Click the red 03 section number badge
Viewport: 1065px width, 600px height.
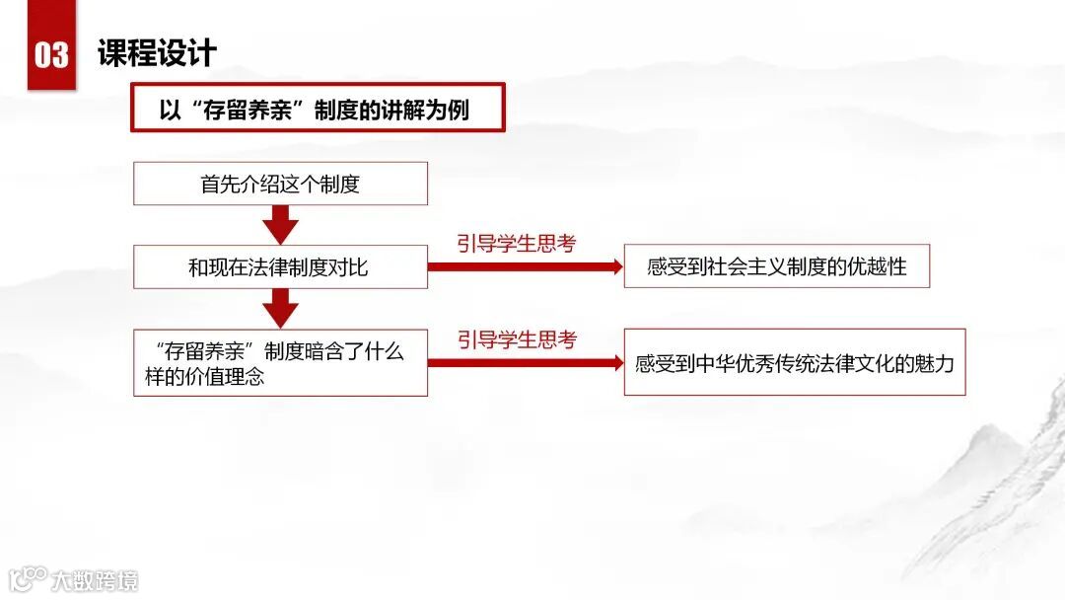click(51, 51)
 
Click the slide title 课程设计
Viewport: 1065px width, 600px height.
click(157, 52)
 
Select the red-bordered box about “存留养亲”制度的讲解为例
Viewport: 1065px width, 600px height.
click(318, 108)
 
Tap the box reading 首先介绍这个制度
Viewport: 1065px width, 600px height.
click(280, 184)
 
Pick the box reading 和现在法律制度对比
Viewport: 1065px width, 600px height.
click(280, 266)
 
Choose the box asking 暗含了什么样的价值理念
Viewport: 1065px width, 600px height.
click(280, 363)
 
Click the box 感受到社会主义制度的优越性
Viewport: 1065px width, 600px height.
click(776, 266)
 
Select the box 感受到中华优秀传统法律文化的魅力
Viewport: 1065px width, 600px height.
click(794, 362)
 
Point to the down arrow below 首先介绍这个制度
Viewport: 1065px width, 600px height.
click(281, 225)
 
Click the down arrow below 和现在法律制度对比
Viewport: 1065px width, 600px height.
click(281, 308)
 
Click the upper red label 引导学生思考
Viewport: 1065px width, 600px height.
click(516, 244)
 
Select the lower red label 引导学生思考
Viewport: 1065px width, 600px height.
click(516, 339)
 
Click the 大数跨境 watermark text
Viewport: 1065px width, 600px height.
click(96, 579)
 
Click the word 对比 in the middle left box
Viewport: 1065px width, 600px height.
click(347, 266)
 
